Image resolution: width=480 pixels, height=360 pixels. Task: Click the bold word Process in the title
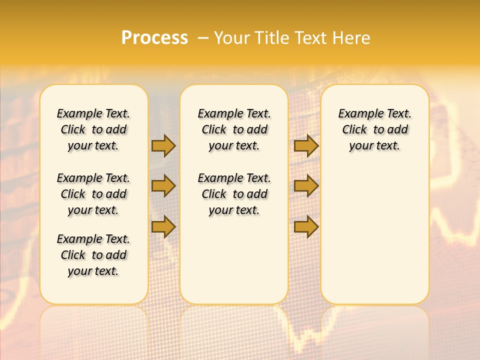click(x=154, y=38)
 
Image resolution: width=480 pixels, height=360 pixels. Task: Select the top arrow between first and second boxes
click(x=163, y=146)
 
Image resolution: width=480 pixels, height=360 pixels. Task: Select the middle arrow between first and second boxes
click(x=163, y=186)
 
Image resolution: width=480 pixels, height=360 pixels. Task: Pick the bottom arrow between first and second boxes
click(x=163, y=226)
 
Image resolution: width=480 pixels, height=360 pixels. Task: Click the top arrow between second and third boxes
click(x=306, y=146)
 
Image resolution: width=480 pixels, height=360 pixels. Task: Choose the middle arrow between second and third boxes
click(x=306, y=186)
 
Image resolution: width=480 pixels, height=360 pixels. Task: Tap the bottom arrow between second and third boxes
click(x=306, y=226)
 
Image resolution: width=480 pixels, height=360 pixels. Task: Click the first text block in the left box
click(x=93, y=130)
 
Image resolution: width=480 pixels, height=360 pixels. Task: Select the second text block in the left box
click(x=93, y=194)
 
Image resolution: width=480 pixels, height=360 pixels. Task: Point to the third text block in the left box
click(x=93, y=255)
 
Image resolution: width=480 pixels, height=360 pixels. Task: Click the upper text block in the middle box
click(x=234, y=130)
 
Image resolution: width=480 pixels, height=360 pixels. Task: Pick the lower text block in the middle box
click(x=234, y=194)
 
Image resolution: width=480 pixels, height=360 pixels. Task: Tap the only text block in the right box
click(x=374, y=130)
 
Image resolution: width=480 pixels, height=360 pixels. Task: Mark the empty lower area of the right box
click(x=374, y=235)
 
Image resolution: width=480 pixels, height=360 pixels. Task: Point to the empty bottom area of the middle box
click(x=234, y=265)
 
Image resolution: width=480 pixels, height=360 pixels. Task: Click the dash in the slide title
click(x=202, y=38)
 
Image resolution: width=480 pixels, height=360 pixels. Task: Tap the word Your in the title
click(x=232, y=38)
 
